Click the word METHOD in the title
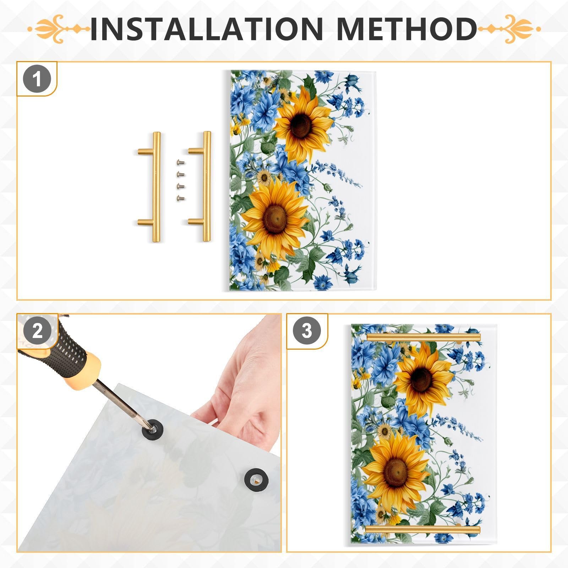[x=406, y=28]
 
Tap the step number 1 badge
[x=37, y=79]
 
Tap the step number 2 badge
[x=37, y=331]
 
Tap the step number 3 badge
[x=307, y=331]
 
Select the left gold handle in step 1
[x=155, y=187]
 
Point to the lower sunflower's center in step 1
[x=275, y=217]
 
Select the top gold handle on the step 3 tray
[x=424, y=337]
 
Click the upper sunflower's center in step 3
[x=421, y=379]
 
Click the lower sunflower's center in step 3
[x=395, y=473]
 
